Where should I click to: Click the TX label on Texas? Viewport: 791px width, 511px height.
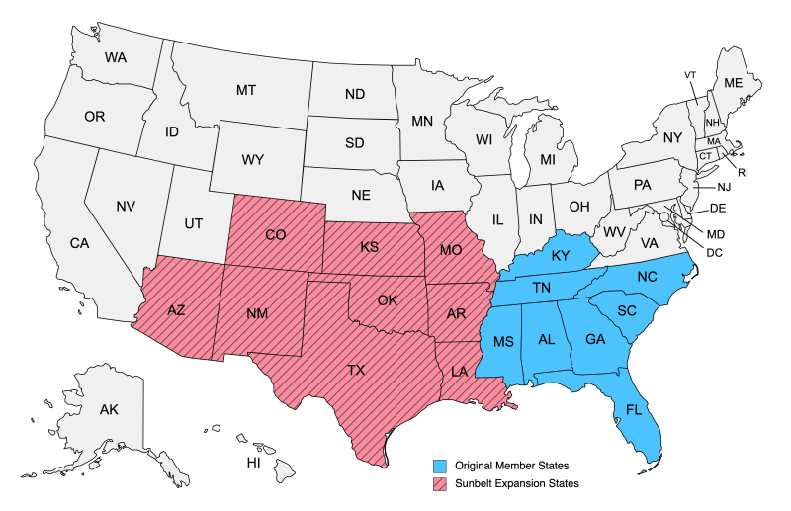pos(355,371)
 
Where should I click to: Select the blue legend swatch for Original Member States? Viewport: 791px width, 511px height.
pos(439,465)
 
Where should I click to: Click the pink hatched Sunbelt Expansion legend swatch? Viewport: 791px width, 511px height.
pos(439,483)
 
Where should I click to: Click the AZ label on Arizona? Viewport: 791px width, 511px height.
pos(176,310)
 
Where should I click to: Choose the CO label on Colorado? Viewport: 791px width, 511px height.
pos(276,236)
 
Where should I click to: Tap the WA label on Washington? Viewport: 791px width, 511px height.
pos(116,58)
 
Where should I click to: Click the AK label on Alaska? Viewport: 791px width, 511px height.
pos(109,409)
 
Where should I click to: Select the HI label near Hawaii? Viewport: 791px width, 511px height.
pos(253,462)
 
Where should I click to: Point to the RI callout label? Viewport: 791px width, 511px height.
pos(743,173)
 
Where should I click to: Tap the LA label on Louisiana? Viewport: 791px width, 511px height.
pos(459,372)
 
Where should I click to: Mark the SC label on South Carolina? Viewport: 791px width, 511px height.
pos(626,310)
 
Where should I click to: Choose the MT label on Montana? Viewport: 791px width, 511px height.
pos(246,90)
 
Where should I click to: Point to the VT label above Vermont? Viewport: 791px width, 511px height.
pos(690,75)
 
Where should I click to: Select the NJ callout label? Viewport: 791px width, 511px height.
pos(724,187)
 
